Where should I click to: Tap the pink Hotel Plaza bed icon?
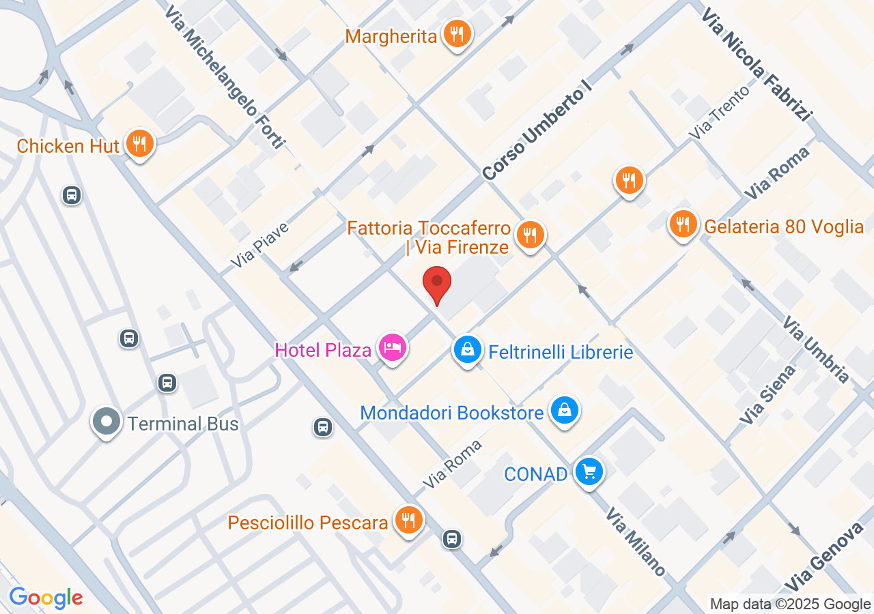pyautogui.click(x=393, y=349)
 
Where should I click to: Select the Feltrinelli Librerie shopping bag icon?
pyautogui.click(x=468, y=351)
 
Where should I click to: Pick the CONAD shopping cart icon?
pyautogui.click(x=589, y=472)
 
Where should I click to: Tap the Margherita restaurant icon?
pyautogui.click(x=457, y=33)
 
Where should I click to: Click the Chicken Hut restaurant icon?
pyautogui.click(x=139, y=144)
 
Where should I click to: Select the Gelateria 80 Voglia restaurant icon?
pyautogui.click(x=682, y=224)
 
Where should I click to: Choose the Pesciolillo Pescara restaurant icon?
pyautogui.click(x=408, y=521)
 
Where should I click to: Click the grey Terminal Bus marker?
pyautogui.click(x=107, y=421)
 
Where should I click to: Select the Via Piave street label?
pyautogui.click(x=260, y=244)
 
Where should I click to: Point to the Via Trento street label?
pyautogui.click(x=719, y=112)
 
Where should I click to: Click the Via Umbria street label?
pyautogui.click(x=815, y=349)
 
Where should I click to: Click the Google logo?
pyautogui.click(x=46, y=598)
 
